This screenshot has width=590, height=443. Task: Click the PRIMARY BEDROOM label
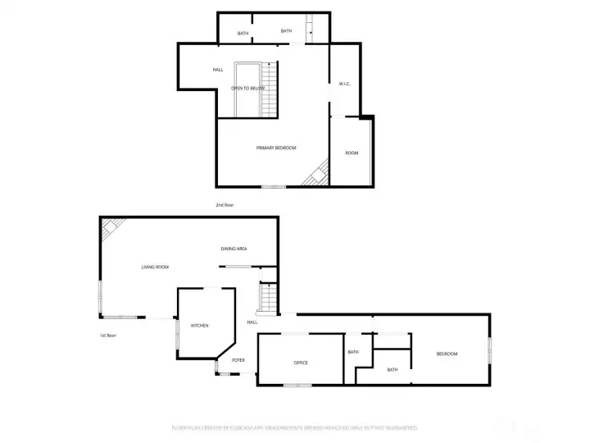click(x=276, y=148)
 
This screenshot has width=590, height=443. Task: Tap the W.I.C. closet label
click(x=345, y=84)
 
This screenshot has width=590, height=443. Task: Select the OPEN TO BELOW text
click(x=247, y=88)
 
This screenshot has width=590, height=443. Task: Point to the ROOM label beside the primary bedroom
click(x=352, y=153)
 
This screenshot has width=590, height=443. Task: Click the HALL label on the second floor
click(x=218, y=70)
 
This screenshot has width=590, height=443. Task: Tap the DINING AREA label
click(x=234, y=249)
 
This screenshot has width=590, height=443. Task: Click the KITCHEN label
click(x=200, y=326)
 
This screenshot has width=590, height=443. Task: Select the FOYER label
click(x=238, y=360)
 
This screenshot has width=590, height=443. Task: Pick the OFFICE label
click(x=301, y=362)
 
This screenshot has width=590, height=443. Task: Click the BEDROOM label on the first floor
click(x=447, y=354)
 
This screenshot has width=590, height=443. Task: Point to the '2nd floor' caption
click(x=225, y=204)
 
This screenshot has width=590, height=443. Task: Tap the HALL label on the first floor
click(x=252, y=322)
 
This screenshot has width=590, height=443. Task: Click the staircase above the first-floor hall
click(x=267, y=299)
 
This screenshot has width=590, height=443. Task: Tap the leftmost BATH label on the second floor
click(x=243, y=34)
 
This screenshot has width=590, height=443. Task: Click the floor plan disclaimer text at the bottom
click(x=294, y=427)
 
